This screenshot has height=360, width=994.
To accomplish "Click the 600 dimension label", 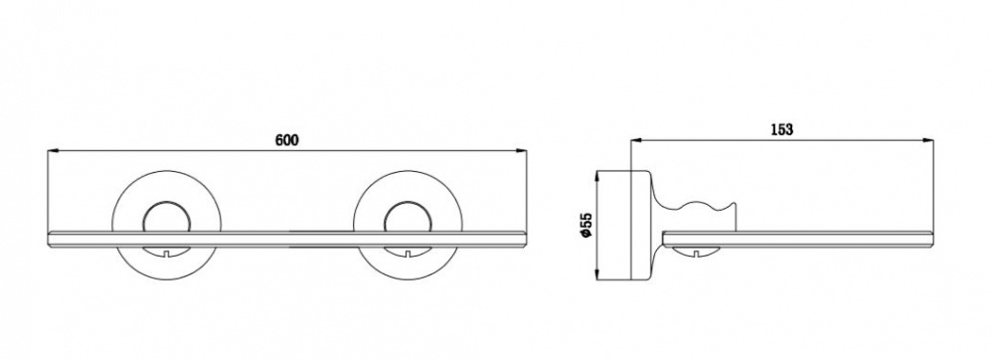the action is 286,140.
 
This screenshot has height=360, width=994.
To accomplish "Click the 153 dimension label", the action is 781,130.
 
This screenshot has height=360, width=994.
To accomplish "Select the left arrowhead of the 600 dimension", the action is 54,151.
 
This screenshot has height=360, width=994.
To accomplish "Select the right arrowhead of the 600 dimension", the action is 521,151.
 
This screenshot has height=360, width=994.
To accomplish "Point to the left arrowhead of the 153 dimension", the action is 637,140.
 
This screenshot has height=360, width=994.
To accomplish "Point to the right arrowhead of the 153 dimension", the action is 926,140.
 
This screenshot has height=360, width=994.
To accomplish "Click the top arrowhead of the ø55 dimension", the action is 597,177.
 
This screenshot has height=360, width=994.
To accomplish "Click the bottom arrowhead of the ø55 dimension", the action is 597,273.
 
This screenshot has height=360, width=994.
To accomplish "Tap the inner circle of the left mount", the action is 166,204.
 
